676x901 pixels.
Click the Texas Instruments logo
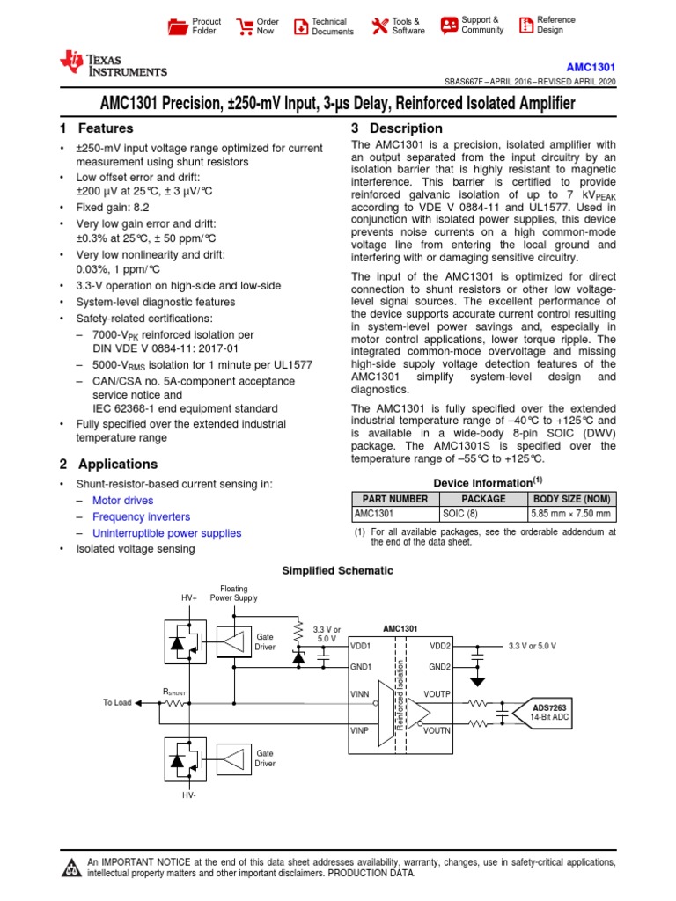[x=112, y=63]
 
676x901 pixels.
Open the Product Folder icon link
[x=178, y=26]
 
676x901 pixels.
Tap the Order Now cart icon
[x=245, y=26]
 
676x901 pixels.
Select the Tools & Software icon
[x=379, y=26]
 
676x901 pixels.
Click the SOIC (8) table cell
[x=461, y=514]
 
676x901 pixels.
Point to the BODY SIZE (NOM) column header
[x=571, y=498]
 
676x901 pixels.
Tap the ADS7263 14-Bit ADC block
[x=553, y=711]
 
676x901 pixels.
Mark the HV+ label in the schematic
[x=189, y=597]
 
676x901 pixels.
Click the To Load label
[x=116, y=702]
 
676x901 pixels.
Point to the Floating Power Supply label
[x=234, y=593]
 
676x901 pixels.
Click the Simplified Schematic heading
[x=337, y=570]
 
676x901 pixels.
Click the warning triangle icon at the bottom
[x=70, y=869]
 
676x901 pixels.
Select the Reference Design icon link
[x=526, y=26]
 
